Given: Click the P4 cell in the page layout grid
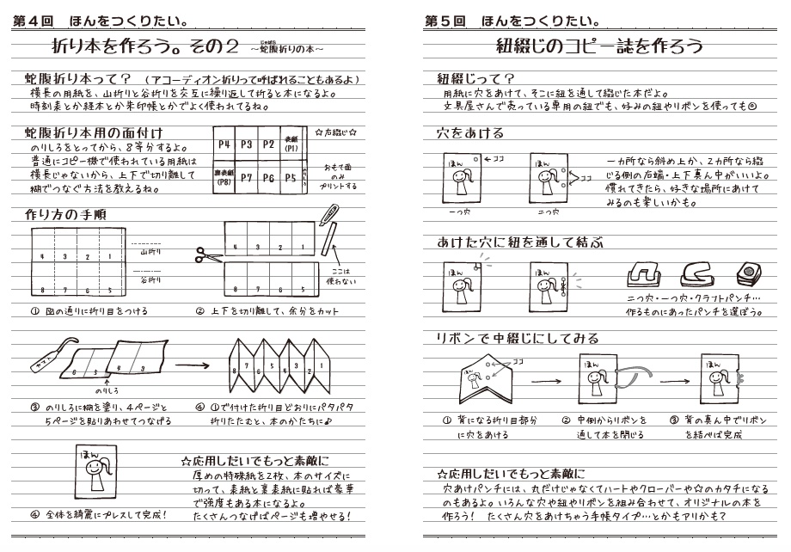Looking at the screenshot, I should pyautogui.click(x=224, y=145).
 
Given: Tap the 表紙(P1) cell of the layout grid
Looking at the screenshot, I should pyautogui.click(x=291, y=145).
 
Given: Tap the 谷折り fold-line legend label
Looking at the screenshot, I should pyautogui.click(x=150, y=279).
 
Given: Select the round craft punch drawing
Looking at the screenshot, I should pyautogui.click(x=748, y=273).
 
